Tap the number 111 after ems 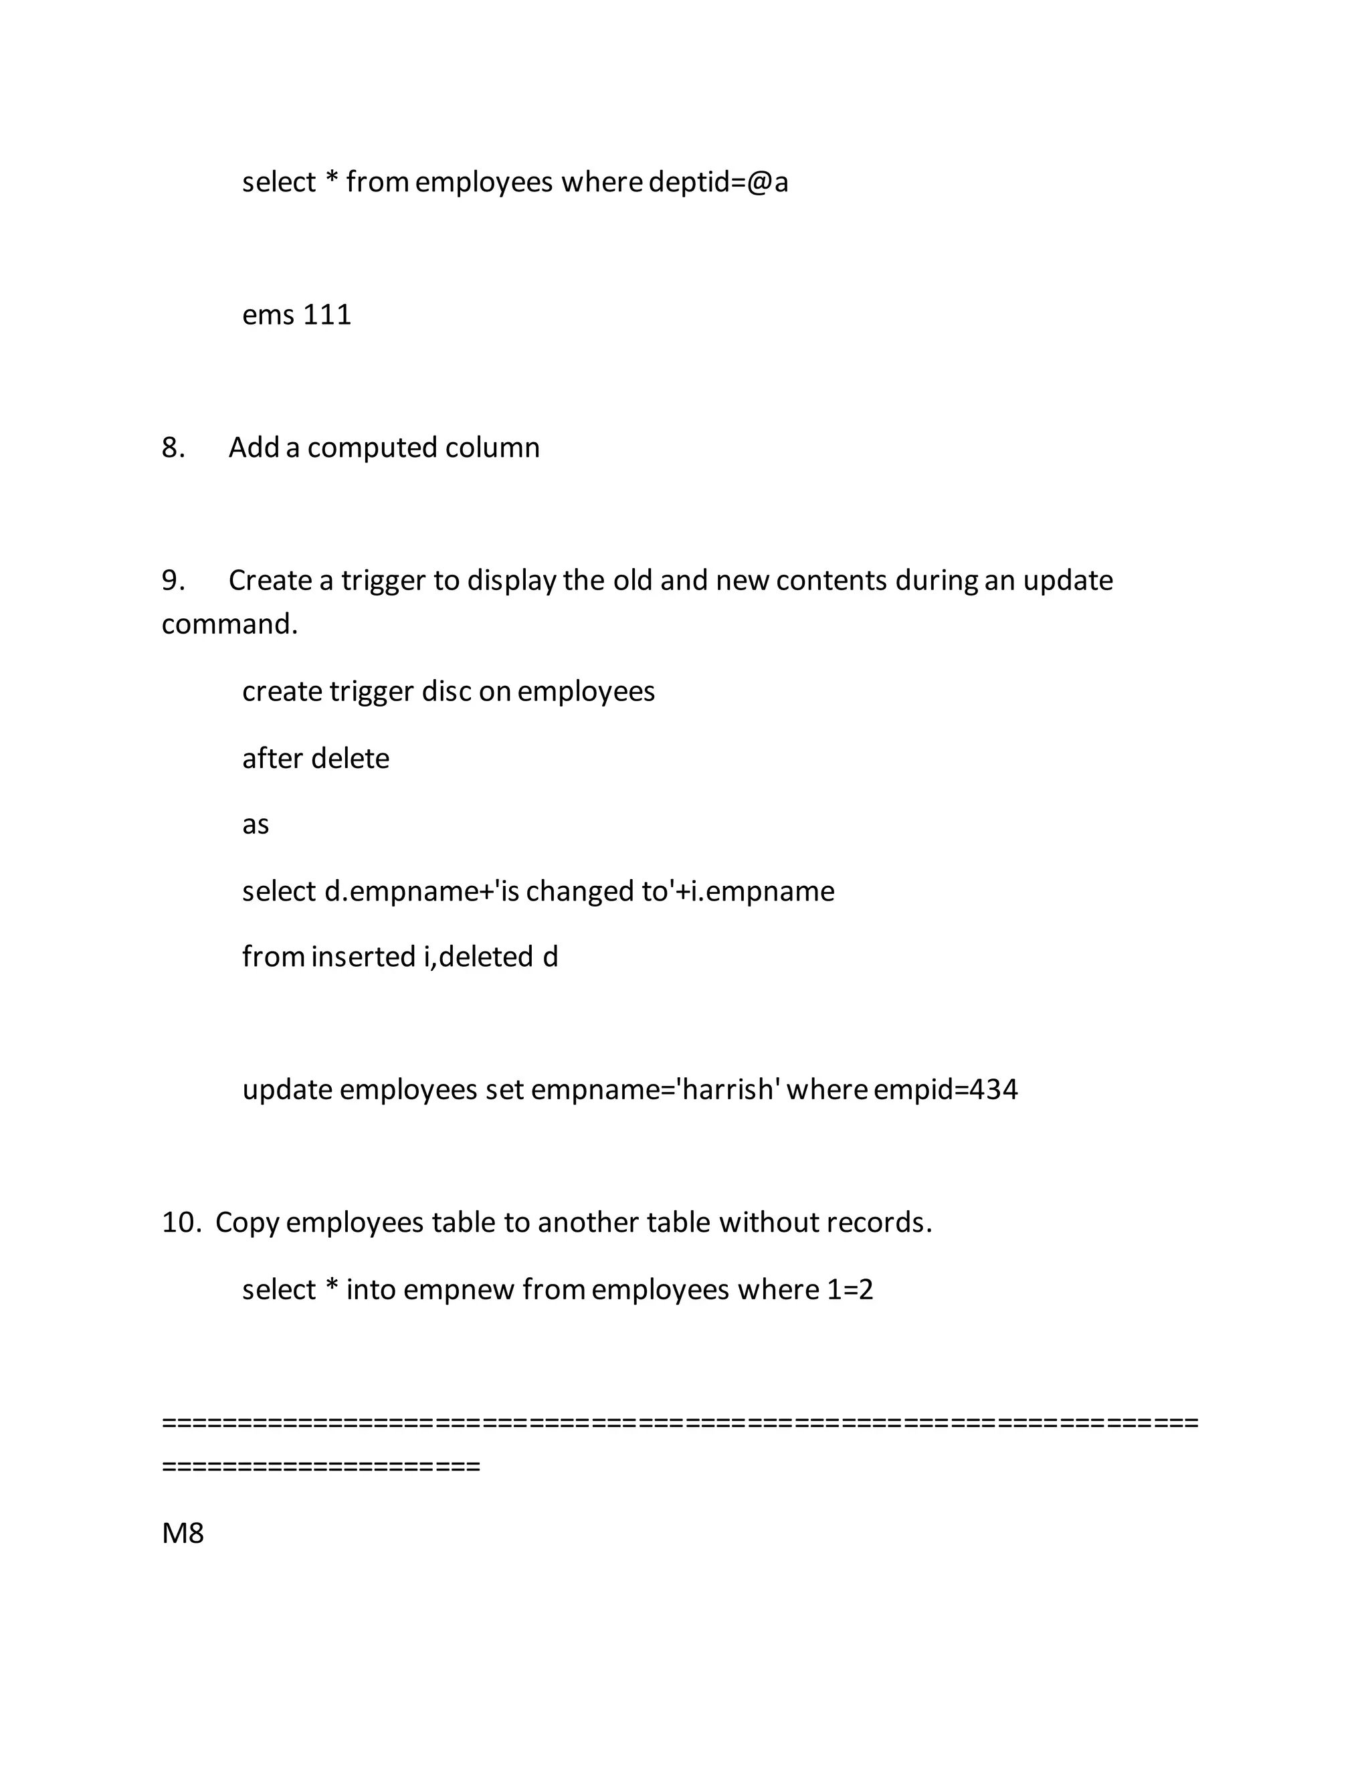(327, 315)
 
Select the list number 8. (173, 448)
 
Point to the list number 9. (173, 581)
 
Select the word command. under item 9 (229, 624)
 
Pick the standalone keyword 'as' (256, 825)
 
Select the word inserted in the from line (364, 957)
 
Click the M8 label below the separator (183, 1533)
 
